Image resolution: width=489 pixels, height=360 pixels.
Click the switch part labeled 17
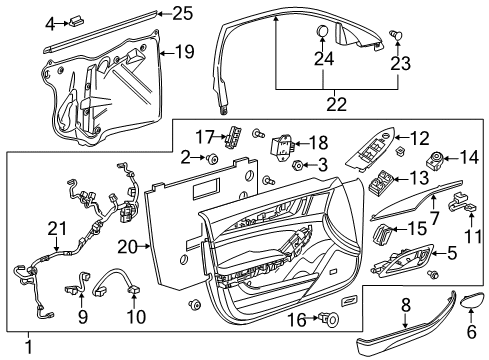[236, 137]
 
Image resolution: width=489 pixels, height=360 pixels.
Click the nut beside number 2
[213, 158]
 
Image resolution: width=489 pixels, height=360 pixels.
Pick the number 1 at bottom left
[29, 346]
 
